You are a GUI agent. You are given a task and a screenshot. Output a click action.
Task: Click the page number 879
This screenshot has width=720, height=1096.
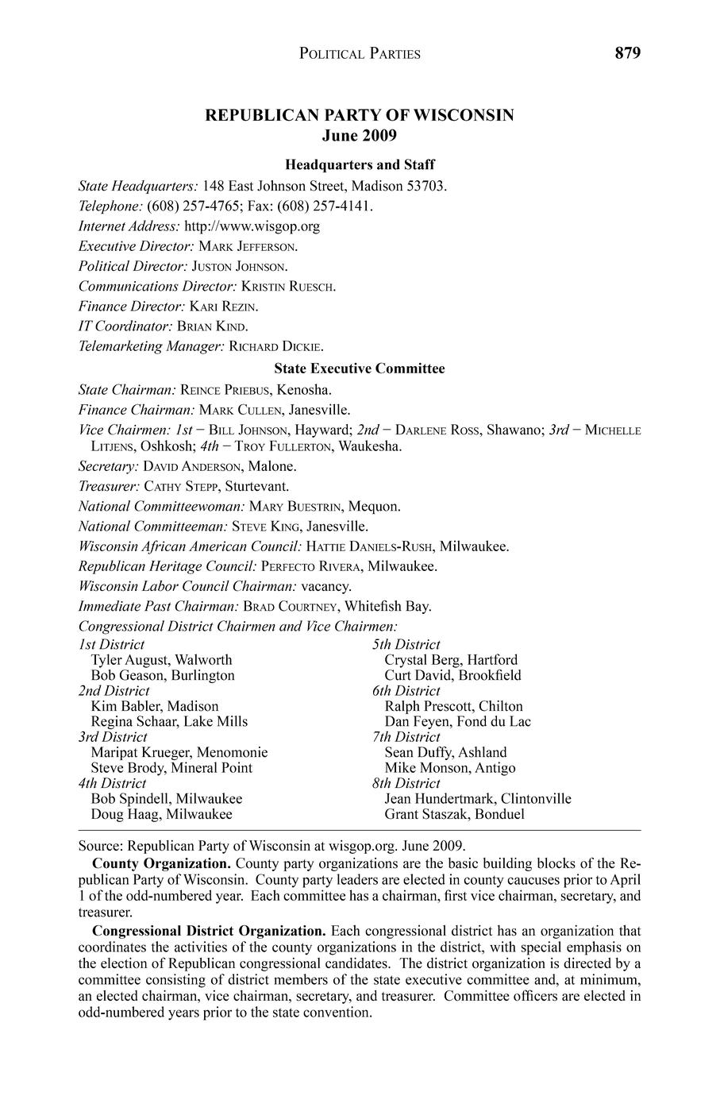[626, 53]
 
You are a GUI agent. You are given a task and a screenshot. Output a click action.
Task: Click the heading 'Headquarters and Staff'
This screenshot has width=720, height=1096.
[360, 165]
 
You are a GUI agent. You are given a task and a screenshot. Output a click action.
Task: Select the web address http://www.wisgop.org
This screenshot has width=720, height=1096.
[252, 226]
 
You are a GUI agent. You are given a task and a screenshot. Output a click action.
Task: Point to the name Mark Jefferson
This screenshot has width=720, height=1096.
[248, 246]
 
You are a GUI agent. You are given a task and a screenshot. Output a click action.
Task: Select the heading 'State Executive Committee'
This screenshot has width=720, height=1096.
[360, 369]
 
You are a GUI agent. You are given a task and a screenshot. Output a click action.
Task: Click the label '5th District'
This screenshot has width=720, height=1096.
[406, 645]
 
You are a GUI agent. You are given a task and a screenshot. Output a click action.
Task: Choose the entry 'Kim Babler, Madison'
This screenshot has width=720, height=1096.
[155, 706]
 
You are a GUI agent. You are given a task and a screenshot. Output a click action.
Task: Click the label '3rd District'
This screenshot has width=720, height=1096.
[113, 737]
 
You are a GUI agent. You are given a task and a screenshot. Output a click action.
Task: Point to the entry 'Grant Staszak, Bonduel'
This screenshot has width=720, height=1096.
[454, 814]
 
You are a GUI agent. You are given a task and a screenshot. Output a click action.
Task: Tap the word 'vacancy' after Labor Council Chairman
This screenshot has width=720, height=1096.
[325, 586]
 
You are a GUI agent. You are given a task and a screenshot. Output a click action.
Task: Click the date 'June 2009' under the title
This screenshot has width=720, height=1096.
[360, 136]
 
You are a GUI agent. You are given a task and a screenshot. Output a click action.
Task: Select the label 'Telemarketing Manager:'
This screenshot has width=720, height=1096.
[152, 346]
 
